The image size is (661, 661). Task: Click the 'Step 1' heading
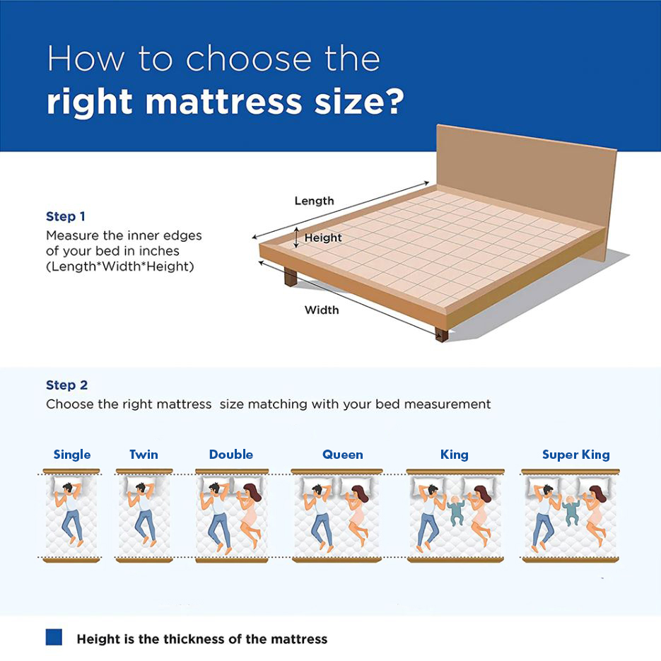pyautogui.click(x=65, y=216)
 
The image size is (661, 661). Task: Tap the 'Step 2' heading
pyautogui.click(x=66, y=385)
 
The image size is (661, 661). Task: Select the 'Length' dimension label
pyautogui.click(x=314, y=201)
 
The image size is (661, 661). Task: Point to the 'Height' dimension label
pyautogui.click(x=323, y=238)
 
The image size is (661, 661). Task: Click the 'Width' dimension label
pyautogui.click(x=322, y=310)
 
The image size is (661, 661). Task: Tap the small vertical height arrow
pyautogui.click(x=296, y=238)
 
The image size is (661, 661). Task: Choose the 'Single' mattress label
pyautogui.click(x=72, y=455)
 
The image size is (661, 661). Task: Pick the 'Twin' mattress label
pyautogui.click(x=144, y=455)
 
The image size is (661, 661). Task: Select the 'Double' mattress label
pyautogui.click(x=231, y=455)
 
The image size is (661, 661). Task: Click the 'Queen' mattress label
pyautogui.click(x=343, y=455)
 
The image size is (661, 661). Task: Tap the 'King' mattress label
pyautogui.click(x=455, y=455)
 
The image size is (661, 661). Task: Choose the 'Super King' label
pyautogui.click(x=576, y=455)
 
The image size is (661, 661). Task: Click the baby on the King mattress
pyautogui.click(x=455, y=510)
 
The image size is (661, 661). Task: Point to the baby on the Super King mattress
pyautogui.click(x=571, y=510)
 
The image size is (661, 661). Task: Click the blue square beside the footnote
pyautogui.click(x=54, y=637)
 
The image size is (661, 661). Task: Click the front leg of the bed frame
pyautogui.click(x=441, y=335)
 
